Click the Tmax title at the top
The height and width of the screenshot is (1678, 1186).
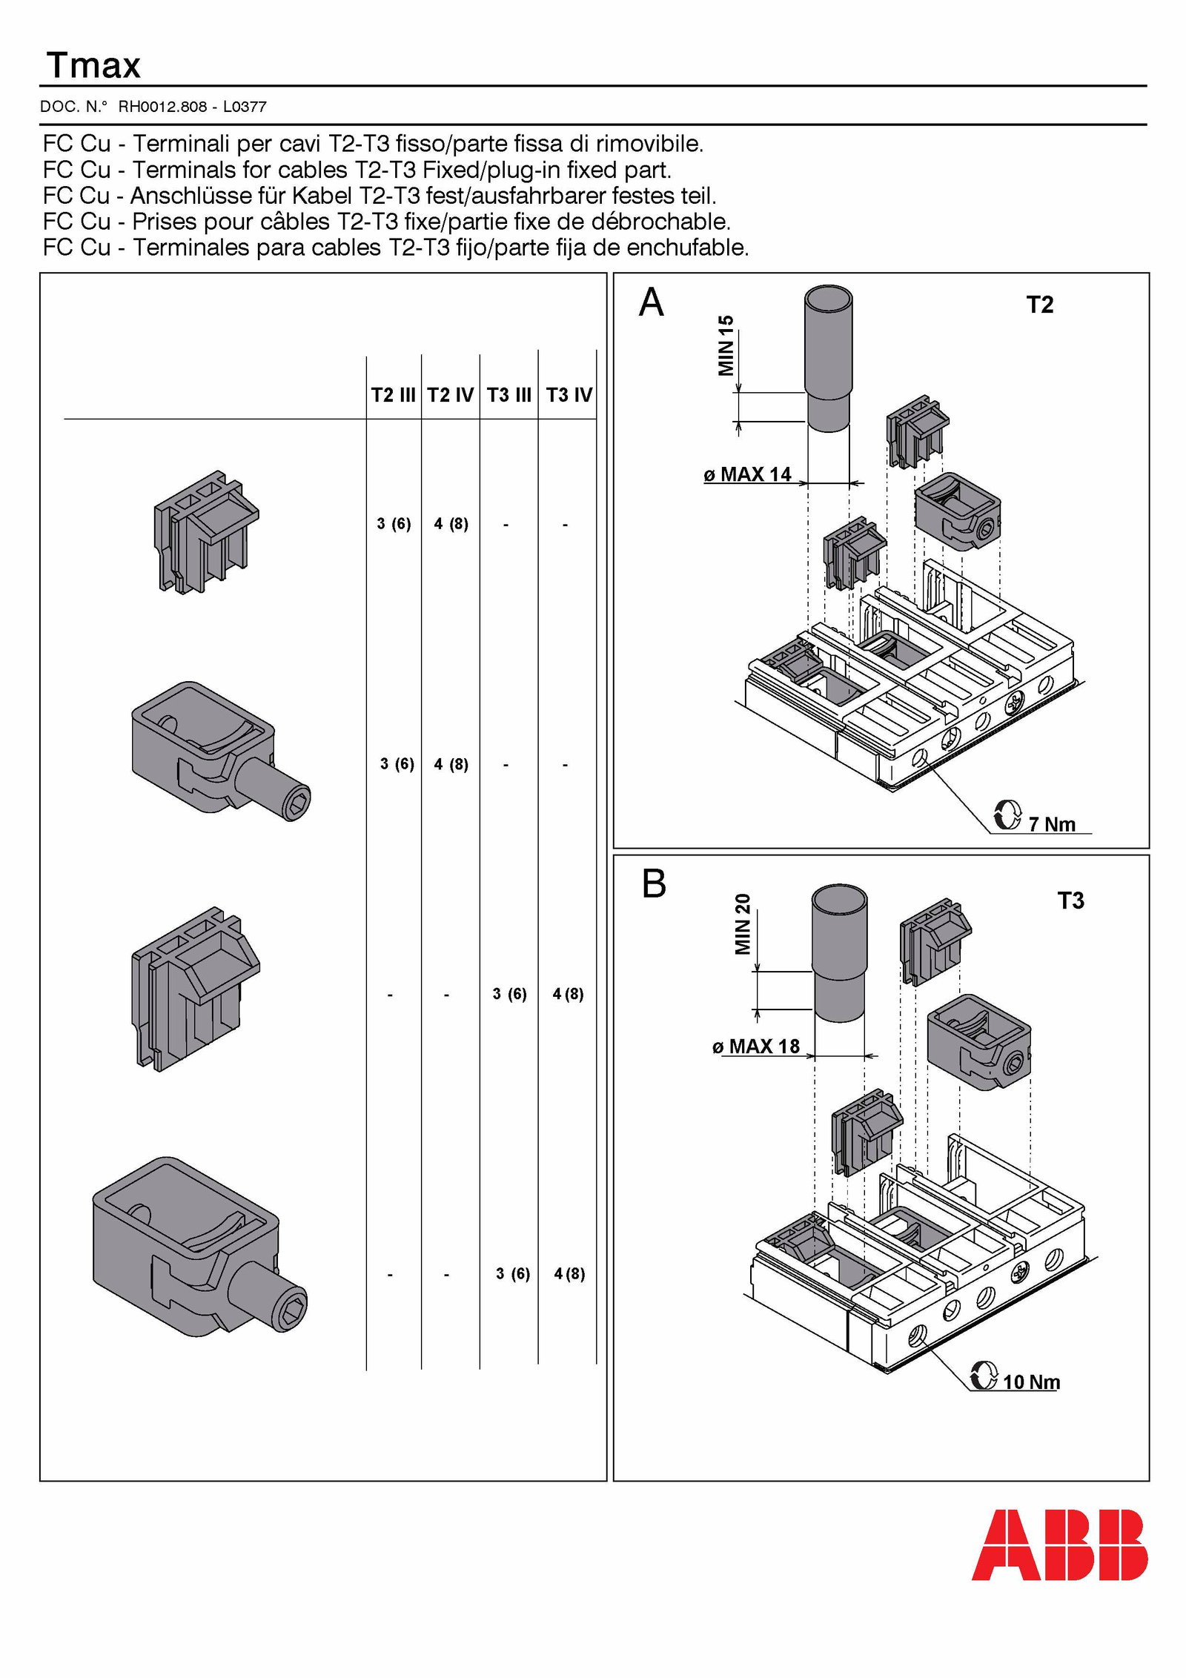click(93, 66)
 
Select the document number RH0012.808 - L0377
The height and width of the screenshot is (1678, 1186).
click(192, 107)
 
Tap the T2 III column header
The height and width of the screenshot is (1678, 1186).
click(393, 395)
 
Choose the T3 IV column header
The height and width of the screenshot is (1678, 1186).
click(569, 395)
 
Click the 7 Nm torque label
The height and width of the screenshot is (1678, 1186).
click(1051, 824)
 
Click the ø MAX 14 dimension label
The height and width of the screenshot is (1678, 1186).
click(748, 474)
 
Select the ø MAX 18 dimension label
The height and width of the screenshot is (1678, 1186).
click(756, 1047)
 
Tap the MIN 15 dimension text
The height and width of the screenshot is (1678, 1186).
click(726, 345)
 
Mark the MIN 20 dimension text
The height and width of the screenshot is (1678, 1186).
click(743, 923)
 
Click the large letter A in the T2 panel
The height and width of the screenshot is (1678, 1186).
click(651, 302)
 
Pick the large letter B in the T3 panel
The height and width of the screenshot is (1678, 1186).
click(654, 883)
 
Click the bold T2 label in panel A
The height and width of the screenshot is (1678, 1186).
click(1039, 305)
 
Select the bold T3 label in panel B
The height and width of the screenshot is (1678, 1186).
click(1070, 901)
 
